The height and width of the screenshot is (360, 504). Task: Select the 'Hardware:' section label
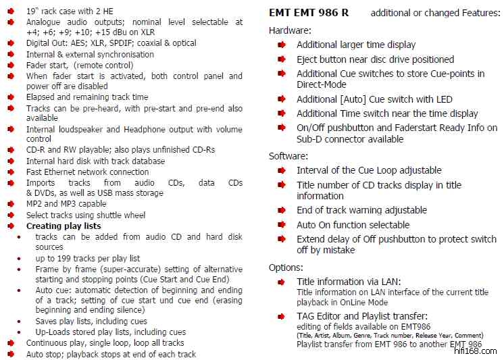click(x=290, y=30)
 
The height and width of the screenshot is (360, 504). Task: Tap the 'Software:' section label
click(x=288, y=156)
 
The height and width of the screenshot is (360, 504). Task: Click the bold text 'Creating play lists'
click(x=64, y=226)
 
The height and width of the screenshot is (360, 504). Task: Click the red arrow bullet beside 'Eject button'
click(x=281, y=59)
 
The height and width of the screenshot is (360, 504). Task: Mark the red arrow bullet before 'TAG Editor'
click(x=281, y=315)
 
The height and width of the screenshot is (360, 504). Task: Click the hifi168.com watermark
click(x=476, y=351)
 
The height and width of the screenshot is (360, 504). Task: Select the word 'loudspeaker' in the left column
click(x=81, y=129)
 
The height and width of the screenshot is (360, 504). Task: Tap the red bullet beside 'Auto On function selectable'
click(x=281, y=225)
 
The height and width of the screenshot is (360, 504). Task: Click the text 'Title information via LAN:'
click(x=348, y=282)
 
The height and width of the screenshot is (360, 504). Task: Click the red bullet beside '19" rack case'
click(x=11, y=11)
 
